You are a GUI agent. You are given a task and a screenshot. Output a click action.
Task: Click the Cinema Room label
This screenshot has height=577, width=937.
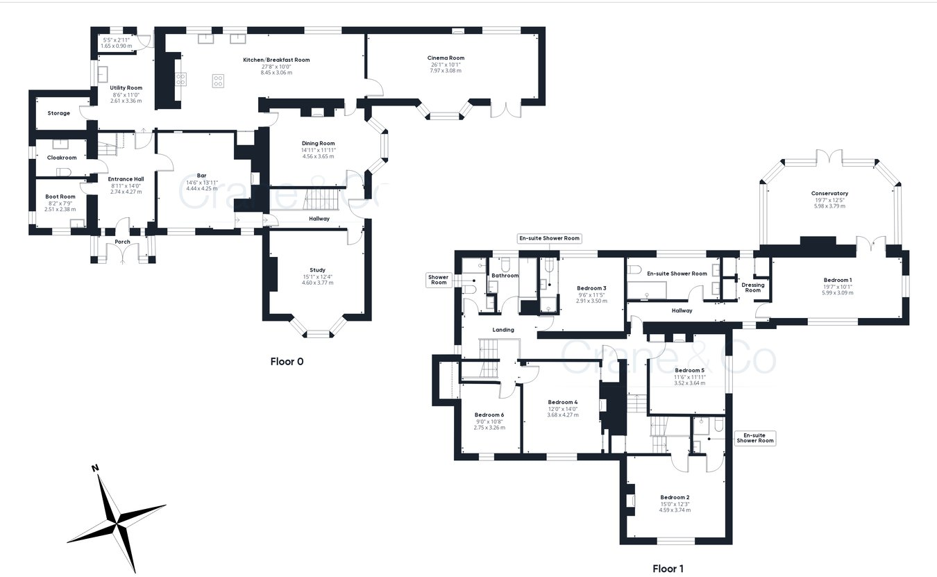(446, 58)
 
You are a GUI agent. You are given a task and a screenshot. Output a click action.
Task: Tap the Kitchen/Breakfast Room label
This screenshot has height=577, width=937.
(276, 60)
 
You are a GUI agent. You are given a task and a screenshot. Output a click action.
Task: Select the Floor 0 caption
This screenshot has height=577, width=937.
(287, 362)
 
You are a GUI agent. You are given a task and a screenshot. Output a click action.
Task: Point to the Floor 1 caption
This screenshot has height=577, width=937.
(668, 569)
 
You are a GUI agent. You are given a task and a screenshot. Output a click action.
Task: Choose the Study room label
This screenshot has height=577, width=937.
(317, 270)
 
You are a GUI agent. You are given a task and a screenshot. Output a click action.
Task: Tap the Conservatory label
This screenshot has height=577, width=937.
(829, 194)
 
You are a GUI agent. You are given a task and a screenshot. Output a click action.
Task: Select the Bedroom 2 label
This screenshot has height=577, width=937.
(675, 497)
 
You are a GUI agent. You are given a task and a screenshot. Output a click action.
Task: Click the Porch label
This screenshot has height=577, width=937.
(122, 242)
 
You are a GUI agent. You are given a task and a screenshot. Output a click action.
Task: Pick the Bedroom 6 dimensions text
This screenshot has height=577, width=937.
(489, 425)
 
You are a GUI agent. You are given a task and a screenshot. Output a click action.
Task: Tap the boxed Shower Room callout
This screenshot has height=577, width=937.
(439, 280)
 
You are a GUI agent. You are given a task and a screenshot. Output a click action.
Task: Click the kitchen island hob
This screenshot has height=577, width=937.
(218, 81)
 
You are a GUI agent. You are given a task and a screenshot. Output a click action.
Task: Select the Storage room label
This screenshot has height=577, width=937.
(58, 113)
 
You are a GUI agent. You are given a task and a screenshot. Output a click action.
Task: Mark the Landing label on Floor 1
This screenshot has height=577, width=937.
(503, 330)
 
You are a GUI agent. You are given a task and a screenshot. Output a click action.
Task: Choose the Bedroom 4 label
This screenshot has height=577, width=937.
(562, 402)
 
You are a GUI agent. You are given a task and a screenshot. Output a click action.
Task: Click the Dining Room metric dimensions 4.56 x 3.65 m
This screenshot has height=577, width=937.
(318, 156)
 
